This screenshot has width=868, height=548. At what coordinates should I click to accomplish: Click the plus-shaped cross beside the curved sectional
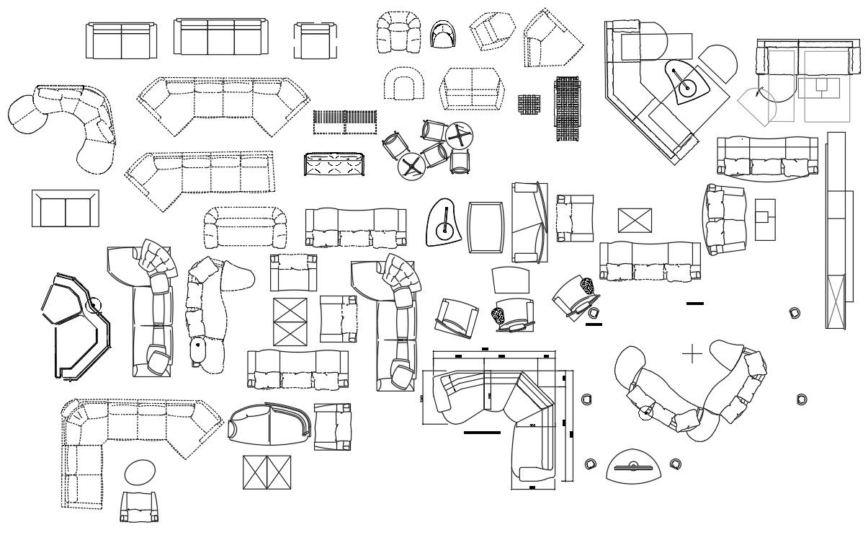[x=692, y=354]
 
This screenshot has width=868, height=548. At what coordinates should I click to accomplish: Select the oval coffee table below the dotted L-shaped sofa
[x=140, y=473]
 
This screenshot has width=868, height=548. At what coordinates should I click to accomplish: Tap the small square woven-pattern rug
[x=529, y=104]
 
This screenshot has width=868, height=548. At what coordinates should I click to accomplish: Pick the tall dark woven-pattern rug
[x=567, y=109]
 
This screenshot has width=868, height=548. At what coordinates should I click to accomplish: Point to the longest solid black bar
[x=482, y=433]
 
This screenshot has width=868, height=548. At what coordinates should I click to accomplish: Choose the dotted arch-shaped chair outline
[x=405, y=84]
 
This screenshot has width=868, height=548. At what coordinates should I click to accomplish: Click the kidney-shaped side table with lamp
[x=444, y=223]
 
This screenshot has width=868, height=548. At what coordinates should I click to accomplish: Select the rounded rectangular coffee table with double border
[x=486, y=226]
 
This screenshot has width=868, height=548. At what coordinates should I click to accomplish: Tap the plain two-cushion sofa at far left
[x=65, y=209]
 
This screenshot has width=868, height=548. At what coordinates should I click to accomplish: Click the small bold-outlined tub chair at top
[x=443, y=34]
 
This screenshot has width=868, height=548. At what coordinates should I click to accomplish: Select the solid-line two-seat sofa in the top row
[x=121, y=40]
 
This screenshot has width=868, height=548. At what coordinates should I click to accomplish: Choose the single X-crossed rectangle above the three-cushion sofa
[x=635, y=221]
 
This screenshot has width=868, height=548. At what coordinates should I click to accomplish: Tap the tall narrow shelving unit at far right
[x=836, y=229]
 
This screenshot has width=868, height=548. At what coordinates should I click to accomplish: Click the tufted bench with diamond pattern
[x=335, y=165]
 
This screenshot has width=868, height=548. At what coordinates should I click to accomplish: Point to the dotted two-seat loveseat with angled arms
[x=472, y=88]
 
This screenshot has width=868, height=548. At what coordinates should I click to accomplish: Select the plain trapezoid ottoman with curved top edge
[x=511, y=280]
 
